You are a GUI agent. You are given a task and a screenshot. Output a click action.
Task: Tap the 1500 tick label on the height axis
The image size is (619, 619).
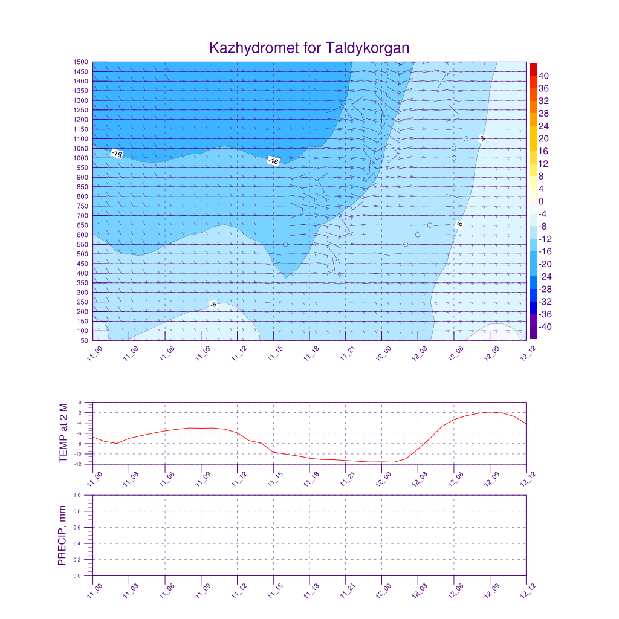82,62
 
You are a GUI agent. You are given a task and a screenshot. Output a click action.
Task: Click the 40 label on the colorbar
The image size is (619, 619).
543,76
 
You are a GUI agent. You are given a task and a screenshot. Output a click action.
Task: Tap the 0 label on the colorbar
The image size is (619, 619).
540,201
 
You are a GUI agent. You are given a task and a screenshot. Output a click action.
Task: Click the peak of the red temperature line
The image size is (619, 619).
490,412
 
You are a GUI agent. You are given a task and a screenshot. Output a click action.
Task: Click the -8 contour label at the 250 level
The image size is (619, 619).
213,305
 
